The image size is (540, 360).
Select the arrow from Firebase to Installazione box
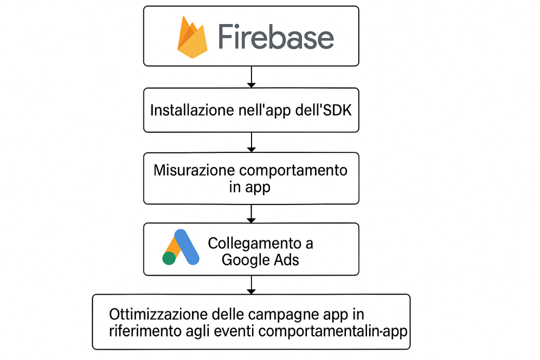coord(252,77)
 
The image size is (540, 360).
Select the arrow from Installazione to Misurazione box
coord(252,142)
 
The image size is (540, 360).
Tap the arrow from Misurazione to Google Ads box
coord(252,213)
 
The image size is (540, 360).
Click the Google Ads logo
coord(181,248)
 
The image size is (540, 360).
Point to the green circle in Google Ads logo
coord(169,258)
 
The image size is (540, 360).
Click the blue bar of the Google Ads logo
coord(187,247)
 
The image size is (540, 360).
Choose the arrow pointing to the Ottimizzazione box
coord(252,285)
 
